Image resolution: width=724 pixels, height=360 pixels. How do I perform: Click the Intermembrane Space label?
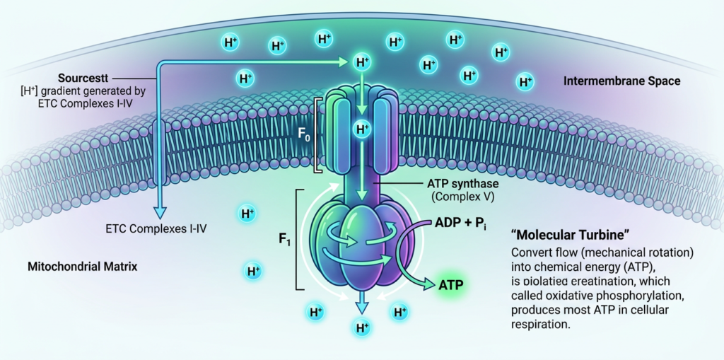[621, 81]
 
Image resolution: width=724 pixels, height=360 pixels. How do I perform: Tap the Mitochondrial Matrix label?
[82, 267]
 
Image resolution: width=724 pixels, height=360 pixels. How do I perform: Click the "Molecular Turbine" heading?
[559, 233]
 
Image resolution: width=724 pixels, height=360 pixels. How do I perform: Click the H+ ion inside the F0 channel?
[362, 129]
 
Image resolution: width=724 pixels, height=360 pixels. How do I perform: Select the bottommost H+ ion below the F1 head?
[362, 327]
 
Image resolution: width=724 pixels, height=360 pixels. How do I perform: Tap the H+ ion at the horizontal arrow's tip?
[362, 62]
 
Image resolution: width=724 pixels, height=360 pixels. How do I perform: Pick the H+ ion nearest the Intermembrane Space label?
[525, 82]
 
